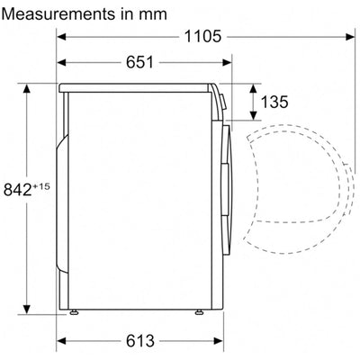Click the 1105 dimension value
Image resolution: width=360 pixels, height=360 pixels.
click(x=202, y=37)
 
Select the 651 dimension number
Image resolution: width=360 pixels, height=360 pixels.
click(x=139, y=62)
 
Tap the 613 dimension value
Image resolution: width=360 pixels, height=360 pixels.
click(x=140, y=341)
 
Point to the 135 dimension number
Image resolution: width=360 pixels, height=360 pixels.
click(x=274, y=102)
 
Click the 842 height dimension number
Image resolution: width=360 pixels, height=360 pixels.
click(x=18, y=190)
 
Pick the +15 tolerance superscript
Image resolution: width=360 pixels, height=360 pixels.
click(x=41, y=186)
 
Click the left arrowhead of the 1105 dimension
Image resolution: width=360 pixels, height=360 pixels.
click(x=61, y=37)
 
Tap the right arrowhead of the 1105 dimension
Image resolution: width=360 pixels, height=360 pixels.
click(x=350, y=37)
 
